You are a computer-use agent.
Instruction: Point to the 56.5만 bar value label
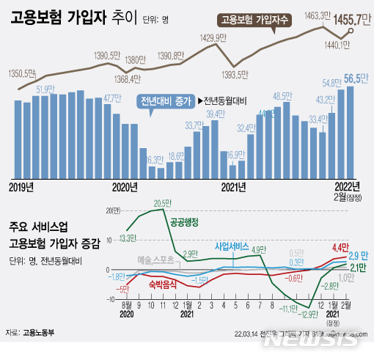click(x=356, y=78)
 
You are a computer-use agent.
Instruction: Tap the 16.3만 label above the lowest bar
click(x=153, y=158)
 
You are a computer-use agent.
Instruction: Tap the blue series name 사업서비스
click(x=232, y=246)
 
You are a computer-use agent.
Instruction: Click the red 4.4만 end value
click(x=340, y=246)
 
